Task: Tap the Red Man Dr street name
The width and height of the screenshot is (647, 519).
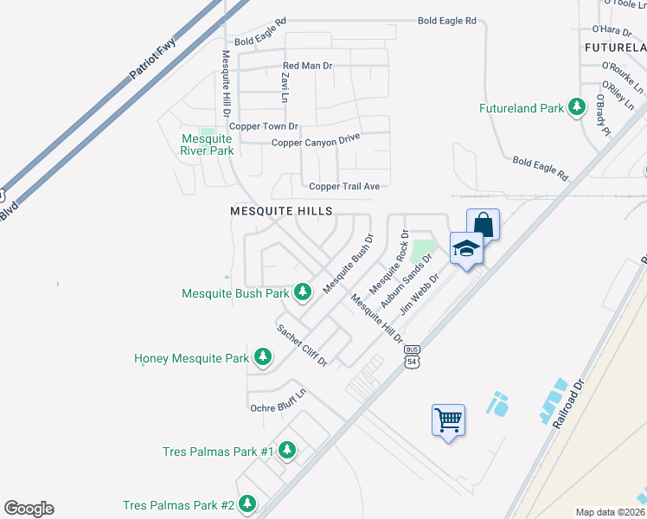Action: [307, 66]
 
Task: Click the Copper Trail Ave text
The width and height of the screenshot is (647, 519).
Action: [344, 186]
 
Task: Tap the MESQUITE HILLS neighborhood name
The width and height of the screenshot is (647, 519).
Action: [281, 210]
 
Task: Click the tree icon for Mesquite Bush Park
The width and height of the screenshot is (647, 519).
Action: [303, 292]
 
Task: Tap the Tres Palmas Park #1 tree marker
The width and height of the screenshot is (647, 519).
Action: [287, 451]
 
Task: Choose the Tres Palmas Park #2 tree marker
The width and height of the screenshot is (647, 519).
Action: [247, 503]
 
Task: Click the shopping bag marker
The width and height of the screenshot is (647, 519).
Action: [484, 225]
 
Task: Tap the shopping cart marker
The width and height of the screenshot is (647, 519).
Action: [448, 420]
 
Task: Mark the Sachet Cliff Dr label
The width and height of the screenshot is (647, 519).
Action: [302, 344]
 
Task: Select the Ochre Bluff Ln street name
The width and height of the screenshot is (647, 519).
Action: [278, 402]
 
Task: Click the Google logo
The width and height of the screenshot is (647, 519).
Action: [29, 509]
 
